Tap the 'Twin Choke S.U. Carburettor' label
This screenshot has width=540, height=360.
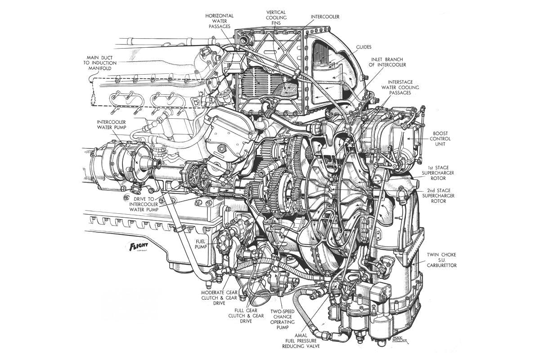click(x=442, y=260)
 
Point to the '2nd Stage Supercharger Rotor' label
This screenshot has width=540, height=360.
click(x=439, y=196)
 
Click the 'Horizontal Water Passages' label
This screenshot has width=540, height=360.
click(x=220, y=21)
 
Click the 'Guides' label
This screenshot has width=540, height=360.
click(x=363, y=47)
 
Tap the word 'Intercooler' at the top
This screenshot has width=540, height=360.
click(x=325, y=17)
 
